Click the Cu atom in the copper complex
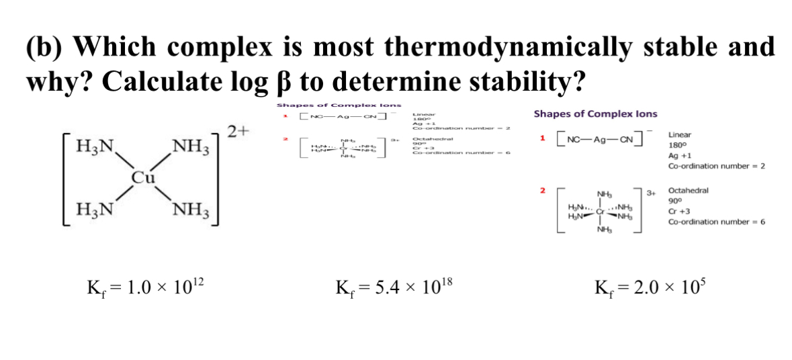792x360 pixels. click(x=142, y=177)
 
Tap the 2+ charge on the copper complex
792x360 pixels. click(x=238, y=130)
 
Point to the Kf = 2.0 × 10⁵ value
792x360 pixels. click(x=650, y=289)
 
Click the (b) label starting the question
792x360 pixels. click(x=46, y=47)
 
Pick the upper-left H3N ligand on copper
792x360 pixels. click(x=97, y=146)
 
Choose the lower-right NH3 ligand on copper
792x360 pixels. click(x=193, y=212)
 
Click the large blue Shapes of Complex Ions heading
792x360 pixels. click(x=595, y=114)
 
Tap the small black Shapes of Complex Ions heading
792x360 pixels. click(x=339, y=105)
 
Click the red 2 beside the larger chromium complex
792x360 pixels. click(x=542, y=191)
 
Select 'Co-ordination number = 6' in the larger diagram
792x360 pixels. click(x=717, y=222)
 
